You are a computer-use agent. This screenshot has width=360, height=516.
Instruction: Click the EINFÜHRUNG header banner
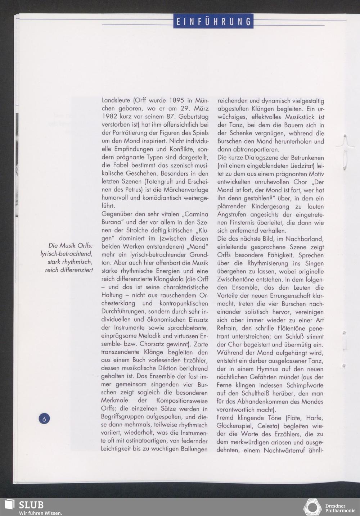tap(213, 21)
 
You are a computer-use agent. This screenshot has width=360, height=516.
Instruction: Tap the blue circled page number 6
tap(44, 418)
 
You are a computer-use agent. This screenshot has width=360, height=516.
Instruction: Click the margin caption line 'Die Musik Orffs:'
tap(71, 246)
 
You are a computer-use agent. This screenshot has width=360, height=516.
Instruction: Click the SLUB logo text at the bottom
tap(31, 504)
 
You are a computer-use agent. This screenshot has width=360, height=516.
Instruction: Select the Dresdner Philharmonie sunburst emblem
tap(312, 507)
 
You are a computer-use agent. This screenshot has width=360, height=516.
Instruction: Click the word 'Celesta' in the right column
tap(270, 426)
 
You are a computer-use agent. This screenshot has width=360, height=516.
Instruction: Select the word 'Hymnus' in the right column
tap(268, 369)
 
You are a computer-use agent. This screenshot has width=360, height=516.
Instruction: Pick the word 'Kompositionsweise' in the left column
tap(182, 401)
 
